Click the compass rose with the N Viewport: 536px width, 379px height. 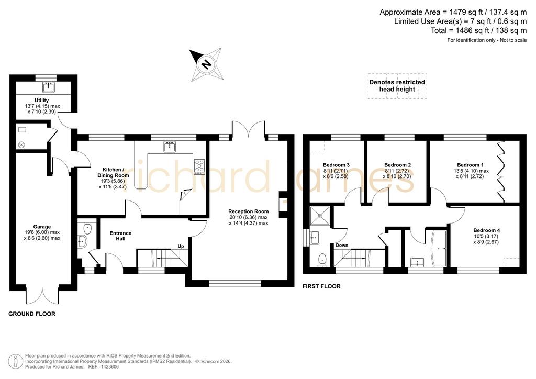pyautogui.click(x=206, y=64)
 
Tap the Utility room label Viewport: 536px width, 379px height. pyautogui.click(x=42, y=101)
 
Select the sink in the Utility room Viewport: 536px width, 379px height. pyautogui.click(x=49, y=87)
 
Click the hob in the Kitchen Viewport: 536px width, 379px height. pyautogui.click(x=199, y=166)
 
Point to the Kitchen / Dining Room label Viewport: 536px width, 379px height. pyautogui.click(x=113, y=172)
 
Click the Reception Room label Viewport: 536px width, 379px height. pyautogui.click(x=249, y=211)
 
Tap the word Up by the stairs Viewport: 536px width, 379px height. pyautogui.click(x=181, y=246)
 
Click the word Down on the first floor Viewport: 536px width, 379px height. pyautogui.click(x=342, y=245)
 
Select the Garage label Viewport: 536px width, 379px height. pyautogui.click(x=42, y=227)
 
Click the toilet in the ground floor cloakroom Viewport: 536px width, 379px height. pyautogui.click(x=87, y=228)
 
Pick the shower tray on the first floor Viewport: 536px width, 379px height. pyautogui.click(x=320, y=216)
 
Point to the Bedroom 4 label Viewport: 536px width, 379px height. pyautogui.click(x=486, y=230)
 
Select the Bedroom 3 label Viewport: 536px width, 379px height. pyautogui.click(x=336, y=165)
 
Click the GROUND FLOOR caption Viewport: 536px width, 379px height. pyautogui.click(x=32, y=314)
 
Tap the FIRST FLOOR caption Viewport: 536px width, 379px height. pyautogui.click(x=321, y=286)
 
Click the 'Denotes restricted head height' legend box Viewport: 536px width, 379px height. pyautogui.click(x=397, y=86)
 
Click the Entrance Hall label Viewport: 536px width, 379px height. pyautogui.click(x=120, y=236)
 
